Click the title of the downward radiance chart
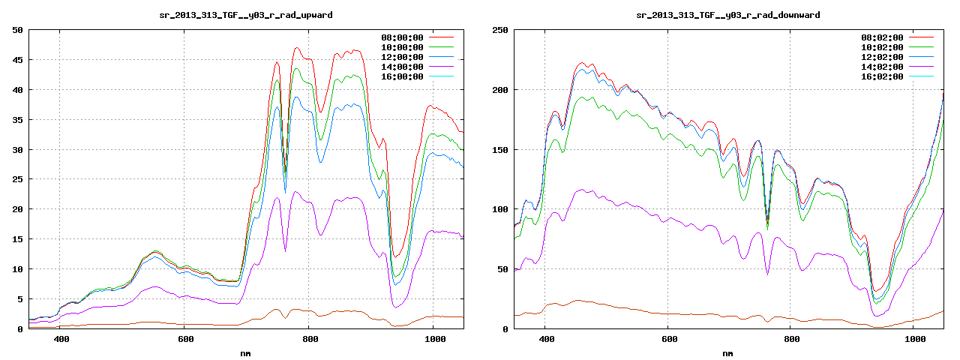coord(727,15)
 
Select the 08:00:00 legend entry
coord(402,37)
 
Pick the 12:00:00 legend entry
coord(402,57)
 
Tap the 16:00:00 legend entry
coord(402,76)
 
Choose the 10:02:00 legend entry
coord(882,47)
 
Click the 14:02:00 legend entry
coord(882,67)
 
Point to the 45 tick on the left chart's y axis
coord(17,60)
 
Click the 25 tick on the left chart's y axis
coord(17,179)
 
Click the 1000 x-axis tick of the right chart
coord(913,339)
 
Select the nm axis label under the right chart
coord(727,352)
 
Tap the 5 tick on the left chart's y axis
coord(20,298)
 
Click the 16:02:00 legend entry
coord(882,76)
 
